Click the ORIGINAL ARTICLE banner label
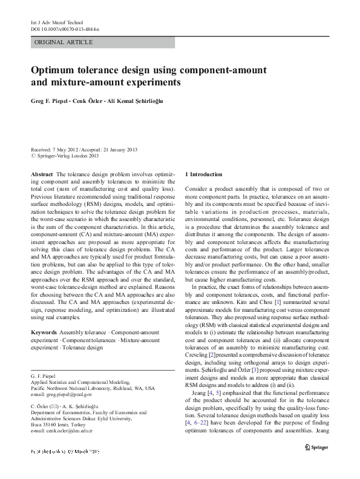(64, 42)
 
